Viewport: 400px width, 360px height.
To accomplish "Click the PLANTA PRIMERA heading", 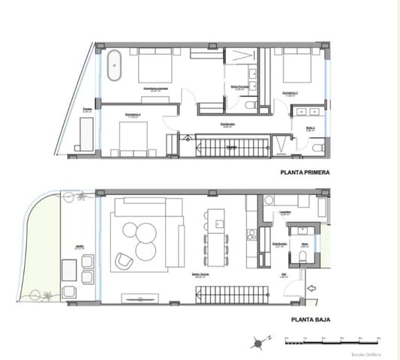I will (x=305, y=172).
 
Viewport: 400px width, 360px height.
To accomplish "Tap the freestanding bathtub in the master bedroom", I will (x=115, y=67).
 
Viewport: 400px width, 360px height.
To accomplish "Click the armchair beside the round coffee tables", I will (x=123, y=261).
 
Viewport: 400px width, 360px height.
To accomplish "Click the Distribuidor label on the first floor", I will (x=229, y=124).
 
